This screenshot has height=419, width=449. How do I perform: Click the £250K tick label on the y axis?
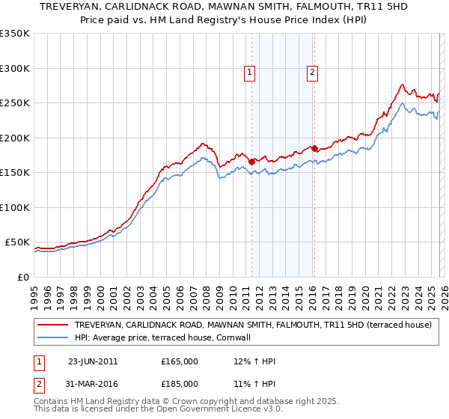point(15,103)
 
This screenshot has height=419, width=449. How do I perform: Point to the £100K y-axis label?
point(15,207)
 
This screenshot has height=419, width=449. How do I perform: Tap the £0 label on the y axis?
point(22,277)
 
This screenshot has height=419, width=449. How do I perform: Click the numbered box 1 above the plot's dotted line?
point(249,73)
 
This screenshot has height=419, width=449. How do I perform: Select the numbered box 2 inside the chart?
point(312,73)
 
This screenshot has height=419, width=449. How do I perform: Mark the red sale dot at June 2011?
point(251,161)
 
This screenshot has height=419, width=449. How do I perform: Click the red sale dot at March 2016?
point(314,148)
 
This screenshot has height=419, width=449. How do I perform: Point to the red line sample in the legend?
point(52,325)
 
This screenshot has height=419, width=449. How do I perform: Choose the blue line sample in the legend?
point(52,337)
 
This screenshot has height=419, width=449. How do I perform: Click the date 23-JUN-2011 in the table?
point(93,361)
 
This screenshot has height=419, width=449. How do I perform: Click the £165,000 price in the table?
point(180,361)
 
